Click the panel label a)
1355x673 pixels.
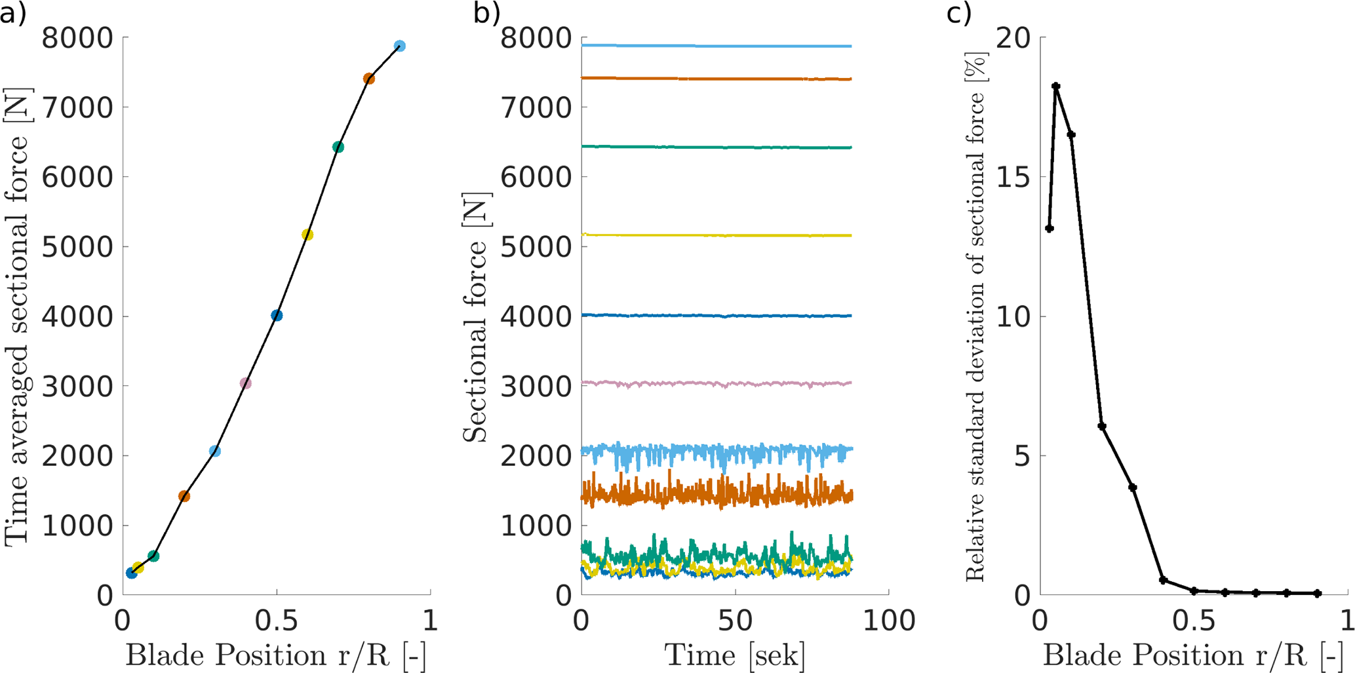13,13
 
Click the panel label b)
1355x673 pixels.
486,13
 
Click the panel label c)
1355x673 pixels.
959,13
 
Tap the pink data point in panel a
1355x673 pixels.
245,383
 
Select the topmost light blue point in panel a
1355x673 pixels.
400,46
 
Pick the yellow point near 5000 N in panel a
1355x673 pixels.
307,235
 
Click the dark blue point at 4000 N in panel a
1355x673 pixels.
277,316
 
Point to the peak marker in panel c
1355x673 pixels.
1056,87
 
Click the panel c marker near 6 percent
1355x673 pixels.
1102,427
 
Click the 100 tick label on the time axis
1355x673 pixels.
888,621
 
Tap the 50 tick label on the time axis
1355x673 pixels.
735,621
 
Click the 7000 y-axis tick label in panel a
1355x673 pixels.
77,107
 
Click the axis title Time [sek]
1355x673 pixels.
735,655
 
